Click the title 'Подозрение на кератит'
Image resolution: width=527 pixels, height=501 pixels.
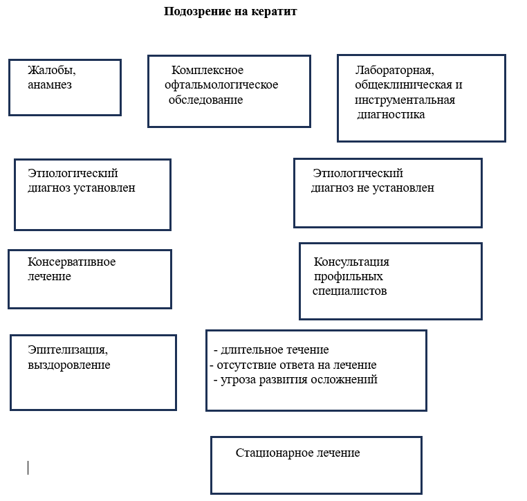click(230, 12)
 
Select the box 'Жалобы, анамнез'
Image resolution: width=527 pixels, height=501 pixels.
click(65, 87)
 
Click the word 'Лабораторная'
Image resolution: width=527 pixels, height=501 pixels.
click(394, 70)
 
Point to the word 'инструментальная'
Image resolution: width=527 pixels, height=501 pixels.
click(405, 100)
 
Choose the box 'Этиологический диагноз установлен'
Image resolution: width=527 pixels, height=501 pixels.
click(92, 194)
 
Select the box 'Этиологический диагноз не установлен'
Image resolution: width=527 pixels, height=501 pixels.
click(387, 192)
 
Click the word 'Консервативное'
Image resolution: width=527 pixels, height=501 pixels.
click(71, 262)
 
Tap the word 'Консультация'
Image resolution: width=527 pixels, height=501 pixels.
click(351, 262)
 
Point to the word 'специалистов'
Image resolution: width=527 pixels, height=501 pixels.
click(349, 291)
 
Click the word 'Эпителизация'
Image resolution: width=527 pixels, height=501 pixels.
click(67, 349)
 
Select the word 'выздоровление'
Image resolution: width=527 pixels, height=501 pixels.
click(68, 365)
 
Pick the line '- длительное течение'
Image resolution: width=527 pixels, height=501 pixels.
click(271, 349)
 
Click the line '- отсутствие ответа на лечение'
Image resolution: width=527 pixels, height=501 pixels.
click(293, 365)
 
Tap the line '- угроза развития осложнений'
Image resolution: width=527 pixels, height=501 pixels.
click(295, 380)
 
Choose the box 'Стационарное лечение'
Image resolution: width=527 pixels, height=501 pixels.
click(316, 464)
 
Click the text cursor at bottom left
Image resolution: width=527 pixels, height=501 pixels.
click(28, 468)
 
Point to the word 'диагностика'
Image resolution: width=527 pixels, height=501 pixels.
click(391, 115)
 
